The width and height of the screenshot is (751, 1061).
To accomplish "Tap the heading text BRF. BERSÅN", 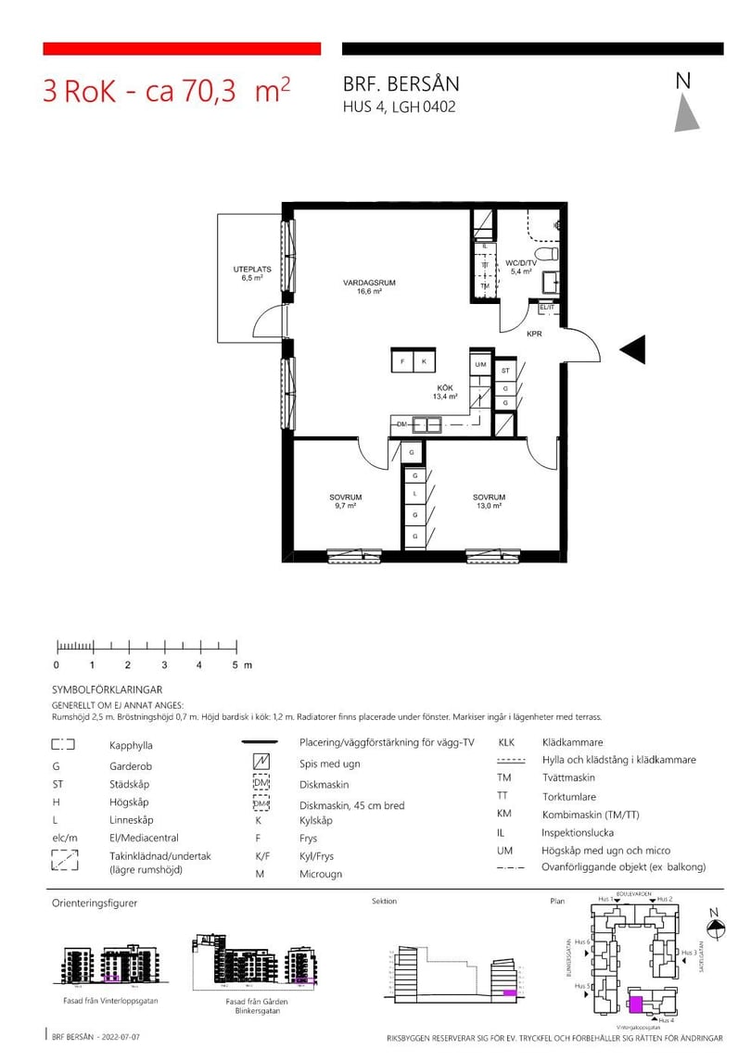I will tap(401, 84).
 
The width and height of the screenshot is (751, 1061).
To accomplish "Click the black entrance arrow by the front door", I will tap(631, 349).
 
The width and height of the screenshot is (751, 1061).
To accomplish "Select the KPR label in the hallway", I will tap(534, 334).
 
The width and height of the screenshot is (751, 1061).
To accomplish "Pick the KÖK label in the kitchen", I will tap(445, 389).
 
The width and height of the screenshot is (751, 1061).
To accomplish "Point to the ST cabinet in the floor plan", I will tap(505, 371).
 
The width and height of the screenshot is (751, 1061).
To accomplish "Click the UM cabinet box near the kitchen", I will tap(480, 365).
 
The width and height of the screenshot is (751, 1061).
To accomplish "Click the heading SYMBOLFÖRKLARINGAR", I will tap(108, 690).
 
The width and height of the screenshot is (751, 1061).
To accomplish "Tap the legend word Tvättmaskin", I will tap(569, 778).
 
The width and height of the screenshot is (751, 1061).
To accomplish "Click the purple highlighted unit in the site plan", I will tap(636, 1004).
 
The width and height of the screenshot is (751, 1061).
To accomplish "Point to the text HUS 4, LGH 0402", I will tap(399, 107).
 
